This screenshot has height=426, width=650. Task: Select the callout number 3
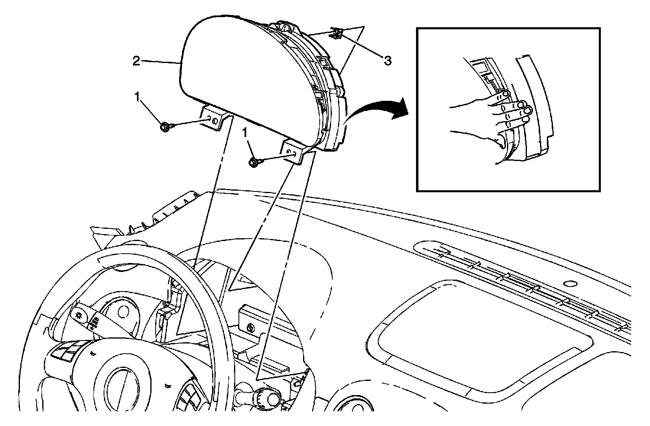click(x=388, y=61)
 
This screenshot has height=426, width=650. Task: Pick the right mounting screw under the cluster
click(x=254, y=162)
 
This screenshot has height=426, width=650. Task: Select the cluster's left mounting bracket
click(x=214, y=118)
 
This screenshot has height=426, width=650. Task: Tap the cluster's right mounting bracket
click(x=294, y=152)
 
